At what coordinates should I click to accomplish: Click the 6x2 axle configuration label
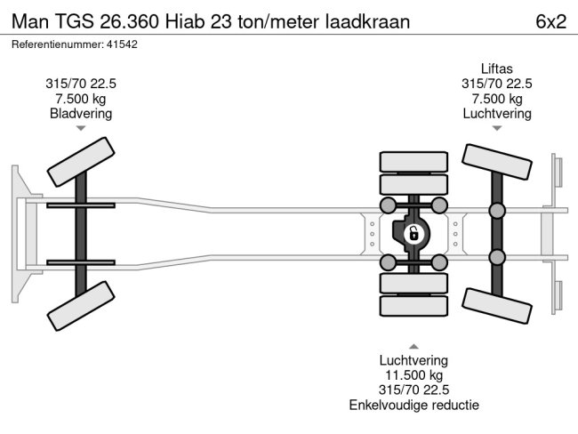click(551, 21)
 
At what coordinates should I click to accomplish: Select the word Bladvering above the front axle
click(81, 113)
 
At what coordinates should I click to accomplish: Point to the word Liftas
click(496, 68)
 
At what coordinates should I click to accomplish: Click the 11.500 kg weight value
click(413, 375)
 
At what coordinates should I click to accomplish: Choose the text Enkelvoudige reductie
click(413, 406)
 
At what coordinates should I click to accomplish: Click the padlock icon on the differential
click(413, 235)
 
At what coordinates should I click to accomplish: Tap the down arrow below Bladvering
click(81, 129)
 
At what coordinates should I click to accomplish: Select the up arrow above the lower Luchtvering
click(413, 345)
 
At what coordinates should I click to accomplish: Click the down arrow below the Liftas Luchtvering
click(497, 129)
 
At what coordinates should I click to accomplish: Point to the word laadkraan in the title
click(372, 21)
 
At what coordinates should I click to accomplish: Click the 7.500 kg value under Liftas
click(496, 98)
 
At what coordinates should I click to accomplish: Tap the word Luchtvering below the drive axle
click(413, 360)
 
